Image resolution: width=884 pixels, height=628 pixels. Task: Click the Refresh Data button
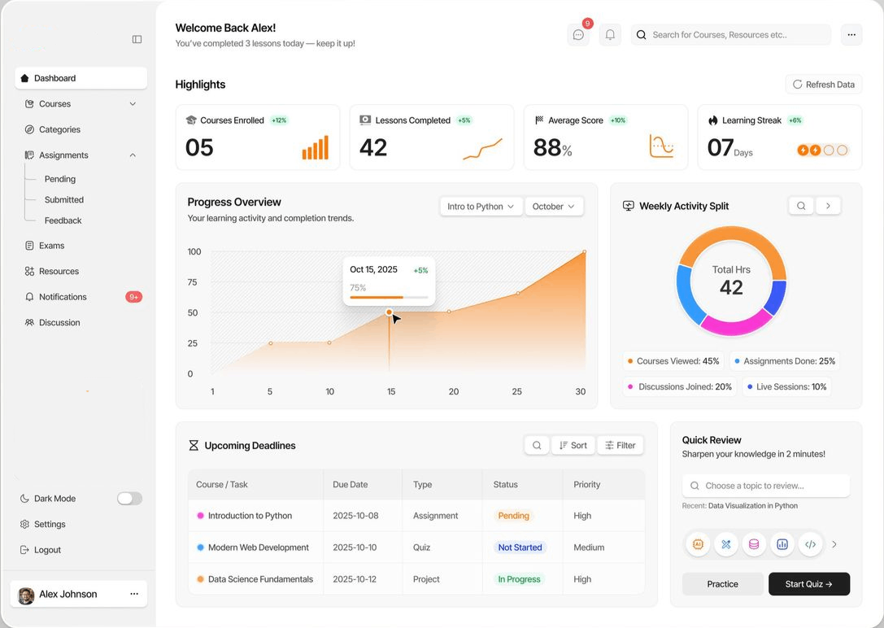(824, 85)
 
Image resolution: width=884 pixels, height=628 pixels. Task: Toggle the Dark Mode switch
(129, 499)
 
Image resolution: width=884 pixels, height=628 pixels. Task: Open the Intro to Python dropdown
(481, 207)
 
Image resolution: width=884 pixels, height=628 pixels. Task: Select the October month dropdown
(554, 207)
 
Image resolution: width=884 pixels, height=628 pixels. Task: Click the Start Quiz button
(809, 584)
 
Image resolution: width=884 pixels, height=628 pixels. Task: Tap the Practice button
(722, 584)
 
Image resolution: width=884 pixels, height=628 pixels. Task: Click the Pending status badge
(514, 516)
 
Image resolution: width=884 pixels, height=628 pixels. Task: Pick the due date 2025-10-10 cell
(355, 547)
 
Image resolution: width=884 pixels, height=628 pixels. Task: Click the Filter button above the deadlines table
(621, 445)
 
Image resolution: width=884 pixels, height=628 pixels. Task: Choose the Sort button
(573, 445)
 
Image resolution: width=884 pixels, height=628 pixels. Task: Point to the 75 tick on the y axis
(192, 281)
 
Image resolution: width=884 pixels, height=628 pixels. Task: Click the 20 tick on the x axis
(454, 391)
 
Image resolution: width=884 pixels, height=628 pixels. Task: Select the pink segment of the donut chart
(736, 324)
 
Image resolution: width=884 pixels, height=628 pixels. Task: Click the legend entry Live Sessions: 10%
(786, 386)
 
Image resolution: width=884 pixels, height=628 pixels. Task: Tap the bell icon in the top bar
(610, 35)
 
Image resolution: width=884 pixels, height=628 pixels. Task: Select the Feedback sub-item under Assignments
(63, 220)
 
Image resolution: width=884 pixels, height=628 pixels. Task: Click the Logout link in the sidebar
(41, 550)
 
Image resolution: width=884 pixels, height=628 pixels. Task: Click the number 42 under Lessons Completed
(373, 148)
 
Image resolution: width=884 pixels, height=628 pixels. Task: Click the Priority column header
(587, 484)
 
